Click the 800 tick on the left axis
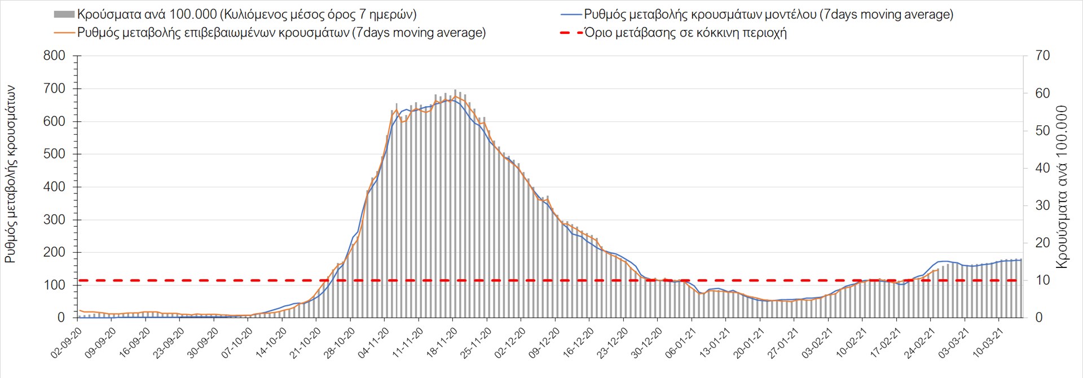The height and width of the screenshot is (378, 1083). [54, 56]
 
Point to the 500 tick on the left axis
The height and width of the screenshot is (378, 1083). [54, 154]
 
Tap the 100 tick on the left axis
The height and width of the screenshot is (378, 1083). [54, 285]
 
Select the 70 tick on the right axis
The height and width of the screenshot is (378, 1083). [1042, 56]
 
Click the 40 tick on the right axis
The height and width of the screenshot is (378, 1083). [1042, 168]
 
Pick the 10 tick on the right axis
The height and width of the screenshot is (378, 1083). [1042, 280]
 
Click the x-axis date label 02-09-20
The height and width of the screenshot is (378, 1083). [67, 343]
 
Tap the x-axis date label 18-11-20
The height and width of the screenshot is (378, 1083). [443, 343]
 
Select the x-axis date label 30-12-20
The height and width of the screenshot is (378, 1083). [648, 343]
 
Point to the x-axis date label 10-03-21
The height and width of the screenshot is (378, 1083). [989, 343]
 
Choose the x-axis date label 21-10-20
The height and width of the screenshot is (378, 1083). [306, 343]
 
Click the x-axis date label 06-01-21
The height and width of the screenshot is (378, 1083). [681, 343]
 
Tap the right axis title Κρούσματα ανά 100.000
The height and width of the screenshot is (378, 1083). [1062, 187]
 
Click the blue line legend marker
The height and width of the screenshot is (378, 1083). [571, 15]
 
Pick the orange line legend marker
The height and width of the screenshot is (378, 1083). [64, 33]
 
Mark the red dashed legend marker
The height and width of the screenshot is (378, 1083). [571, 33]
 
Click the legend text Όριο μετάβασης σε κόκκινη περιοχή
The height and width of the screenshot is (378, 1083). [685, 33]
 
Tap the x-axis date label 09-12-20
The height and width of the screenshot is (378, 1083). [545, 343]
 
